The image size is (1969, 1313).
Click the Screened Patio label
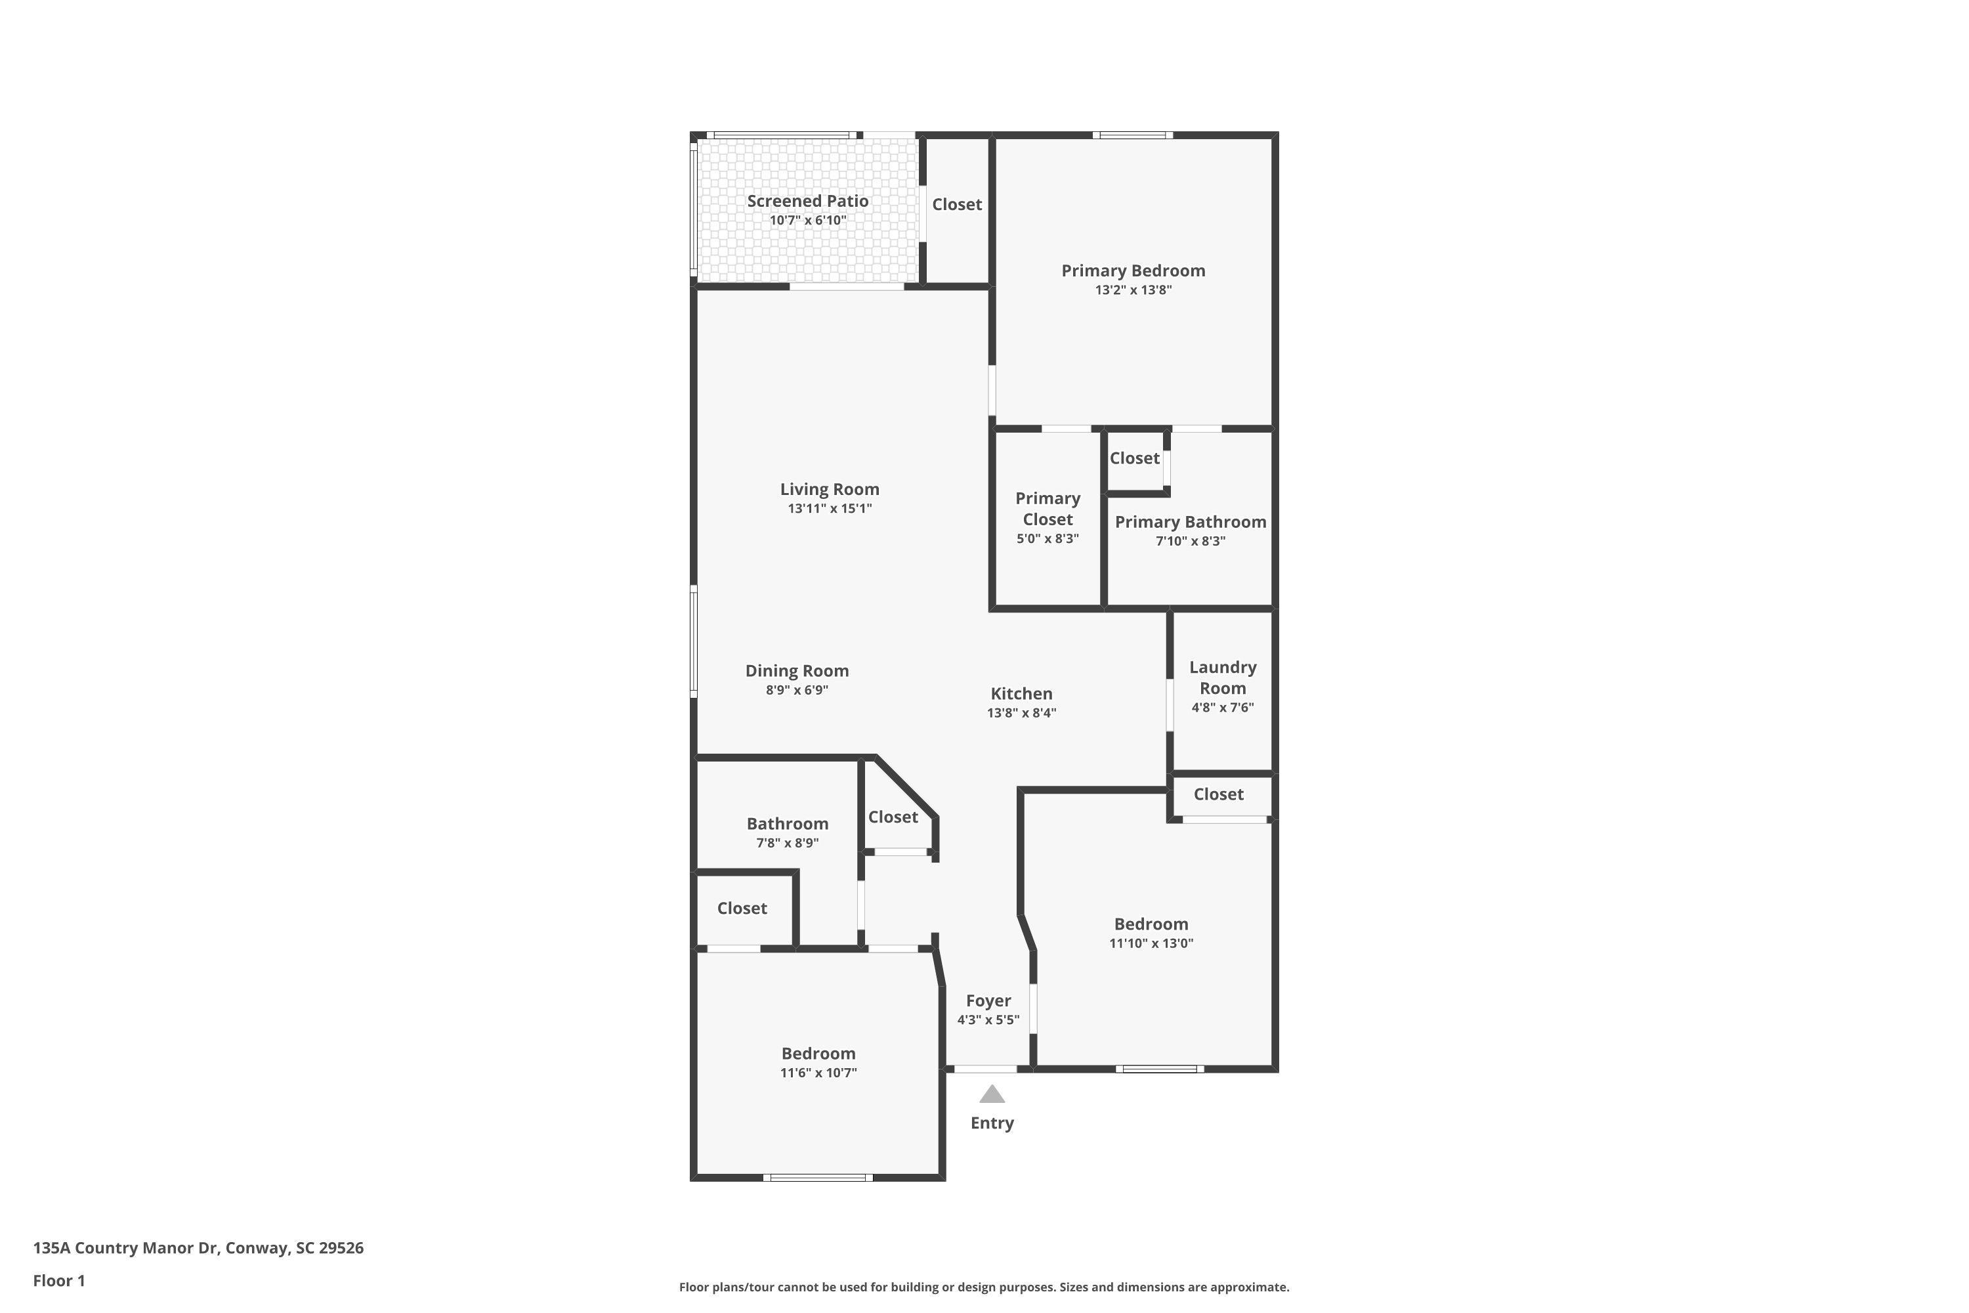pyautogui.click(x=807, y=201)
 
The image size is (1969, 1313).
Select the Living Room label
pyautogui.click(x=829, y=489)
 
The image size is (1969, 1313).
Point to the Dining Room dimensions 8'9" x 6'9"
pyautogui.click(x=796, y=691)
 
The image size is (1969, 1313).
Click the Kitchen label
pyautogui.click(x=1021, y=693)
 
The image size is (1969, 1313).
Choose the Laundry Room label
pyautogui.click(x=1222, y=678)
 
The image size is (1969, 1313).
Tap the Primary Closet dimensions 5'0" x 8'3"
pyautogui.click(x=1048, y=539)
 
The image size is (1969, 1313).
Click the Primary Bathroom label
pyautogui.click(x=1189, y=522)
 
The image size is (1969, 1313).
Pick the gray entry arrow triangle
pyautogui.click(x=991, y=1094)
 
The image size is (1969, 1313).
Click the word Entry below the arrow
pyautogui.click(x=991, y=1123)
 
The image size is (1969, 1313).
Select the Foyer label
pyautogui.click(x=988, y=1001)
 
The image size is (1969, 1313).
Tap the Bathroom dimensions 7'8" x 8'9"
pyautogui.click(x=787, y=843)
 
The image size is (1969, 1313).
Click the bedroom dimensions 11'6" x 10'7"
pyautogui.click(x=818, y=1073)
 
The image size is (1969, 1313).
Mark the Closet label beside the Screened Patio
pyautogui.click(x=956, y=204)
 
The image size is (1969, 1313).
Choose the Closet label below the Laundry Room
pyautogui.click(x=1218, y=794)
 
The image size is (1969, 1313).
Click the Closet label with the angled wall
pyautogui.click(x=893, y=817)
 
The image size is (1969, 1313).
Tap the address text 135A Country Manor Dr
pyautogui.click(x=125, y=1248)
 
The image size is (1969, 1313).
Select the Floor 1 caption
pyautogui.click(x=58, y=1280)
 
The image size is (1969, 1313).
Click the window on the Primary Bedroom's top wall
pyautogui.click(x=1132, y=135)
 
